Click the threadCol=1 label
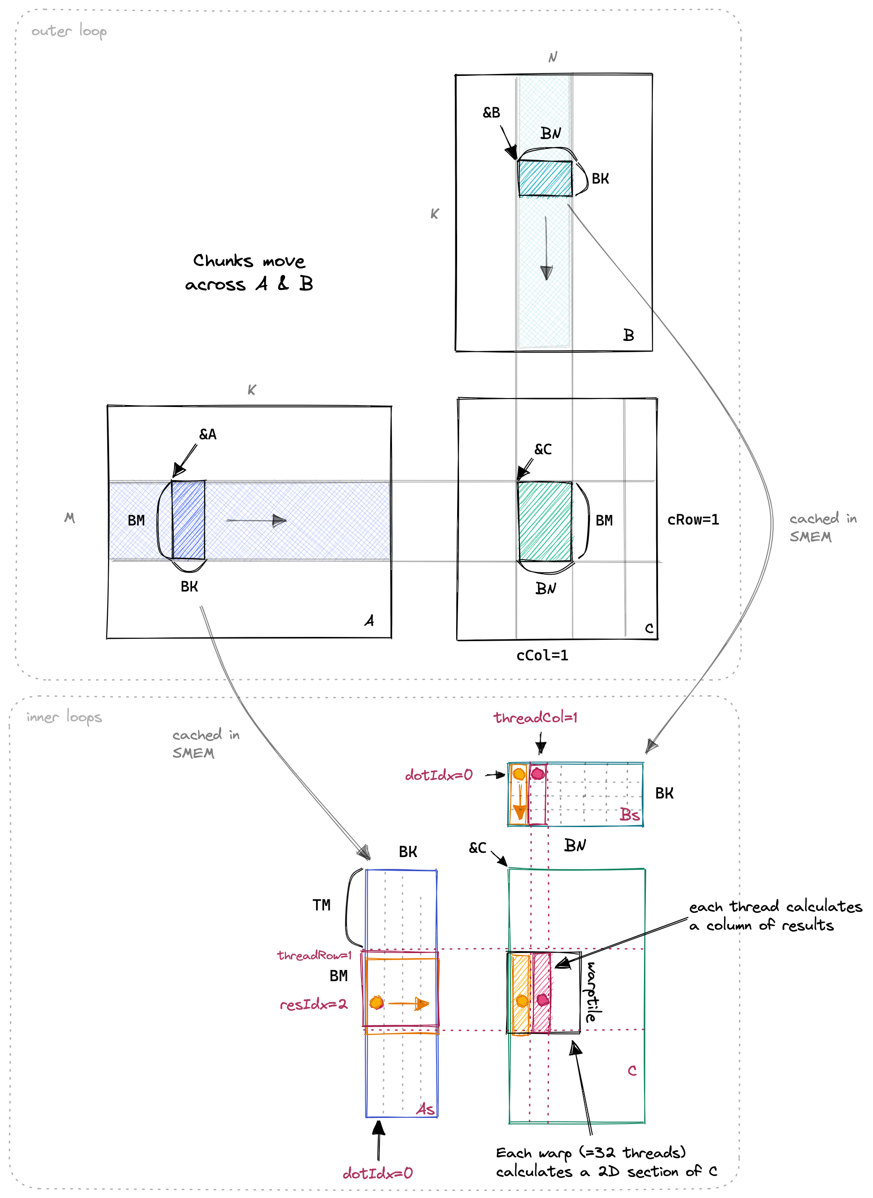535,717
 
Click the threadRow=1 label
314,955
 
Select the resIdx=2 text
313,1004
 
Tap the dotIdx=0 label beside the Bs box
439,775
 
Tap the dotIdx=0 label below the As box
377,1174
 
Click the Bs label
629,815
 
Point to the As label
425,1109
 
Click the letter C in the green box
632,1071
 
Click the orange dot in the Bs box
519,774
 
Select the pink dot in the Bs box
538,774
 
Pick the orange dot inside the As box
377,1003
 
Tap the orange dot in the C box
522,1000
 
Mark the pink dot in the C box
542,1000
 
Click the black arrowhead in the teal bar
546,273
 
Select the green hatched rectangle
545,521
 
